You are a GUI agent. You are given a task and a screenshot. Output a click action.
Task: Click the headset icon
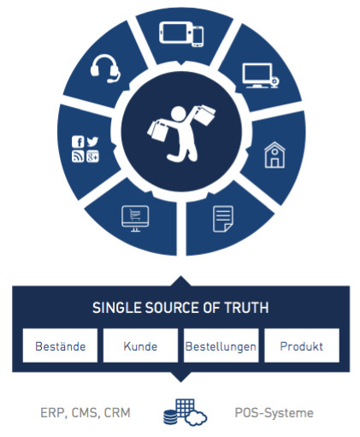tap(104, 68)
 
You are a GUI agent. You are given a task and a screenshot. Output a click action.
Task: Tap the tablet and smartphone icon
tap(181, 34)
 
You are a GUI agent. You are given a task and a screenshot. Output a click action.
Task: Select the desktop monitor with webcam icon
tap(261, 76)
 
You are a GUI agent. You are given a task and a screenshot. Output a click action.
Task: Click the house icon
tap(274, 155)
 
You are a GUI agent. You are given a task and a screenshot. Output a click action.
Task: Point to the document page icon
tap(223, 219)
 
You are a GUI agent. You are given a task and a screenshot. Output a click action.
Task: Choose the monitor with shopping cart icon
tap(135, 218)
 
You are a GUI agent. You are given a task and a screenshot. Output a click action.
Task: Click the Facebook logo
tap(78, 142)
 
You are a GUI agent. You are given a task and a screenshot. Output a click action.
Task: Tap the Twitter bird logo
tap(92, 141)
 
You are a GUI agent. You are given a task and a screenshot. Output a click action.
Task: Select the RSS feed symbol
tap(78, 156)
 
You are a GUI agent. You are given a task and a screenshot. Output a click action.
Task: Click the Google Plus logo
tap(92, 156)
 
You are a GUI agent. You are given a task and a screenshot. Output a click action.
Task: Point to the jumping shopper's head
tap(178, 114)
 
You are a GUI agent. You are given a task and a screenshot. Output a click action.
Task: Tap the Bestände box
tap(60, 345)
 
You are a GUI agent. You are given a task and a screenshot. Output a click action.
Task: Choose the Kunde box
tap(140, 345)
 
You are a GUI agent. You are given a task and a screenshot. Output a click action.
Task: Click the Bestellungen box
tap(221, 345)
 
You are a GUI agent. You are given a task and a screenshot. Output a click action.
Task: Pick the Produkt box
tap(302, 345)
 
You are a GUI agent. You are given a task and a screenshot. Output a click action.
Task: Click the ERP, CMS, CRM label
tap(86, 413)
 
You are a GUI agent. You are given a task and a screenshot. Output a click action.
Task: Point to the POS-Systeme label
tap(274, 413)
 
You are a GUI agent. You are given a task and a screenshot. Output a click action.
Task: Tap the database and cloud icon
tap(186, 412)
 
